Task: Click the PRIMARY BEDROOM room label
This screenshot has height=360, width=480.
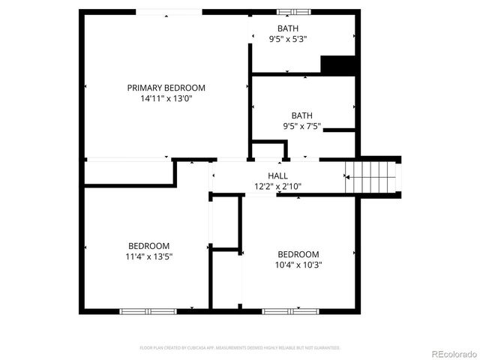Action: (x=166, y=88)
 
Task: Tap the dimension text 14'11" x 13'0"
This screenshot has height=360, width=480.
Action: (x=166, y=98)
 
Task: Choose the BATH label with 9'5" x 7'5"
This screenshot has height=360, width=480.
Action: (x=302, y=115)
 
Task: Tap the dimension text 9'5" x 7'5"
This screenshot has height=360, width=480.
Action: (x=302, y=126)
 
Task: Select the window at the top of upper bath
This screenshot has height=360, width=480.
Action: (x=294, y=12)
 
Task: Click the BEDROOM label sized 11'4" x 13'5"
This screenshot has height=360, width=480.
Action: (x=148, y=246)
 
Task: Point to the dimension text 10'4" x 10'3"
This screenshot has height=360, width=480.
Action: (x=298, y=264)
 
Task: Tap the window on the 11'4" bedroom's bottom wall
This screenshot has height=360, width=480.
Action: (x=148, y=310)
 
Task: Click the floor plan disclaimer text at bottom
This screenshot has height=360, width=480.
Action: (x=240, y=348)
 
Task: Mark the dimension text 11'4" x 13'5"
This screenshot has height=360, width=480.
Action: (x=148, y=256)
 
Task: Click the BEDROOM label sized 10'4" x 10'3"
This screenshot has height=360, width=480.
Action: (x=298, y=253)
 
